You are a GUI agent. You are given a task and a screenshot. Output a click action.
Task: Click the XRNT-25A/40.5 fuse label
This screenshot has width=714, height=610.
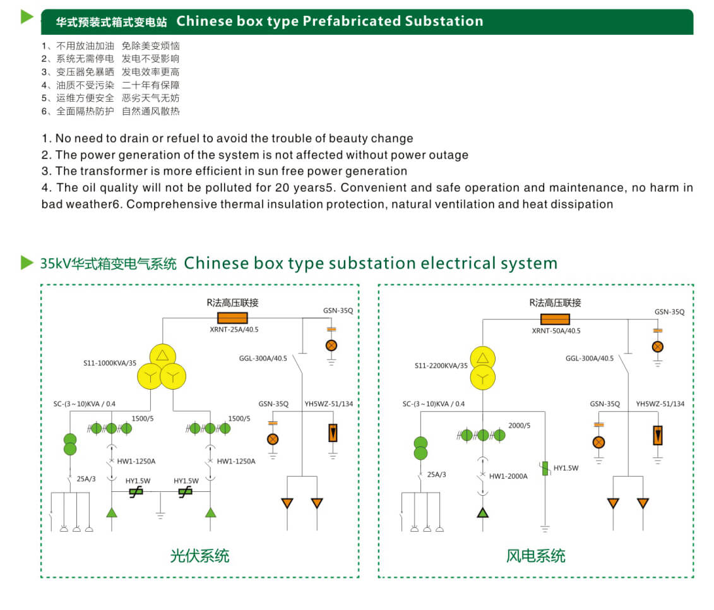point(234,329)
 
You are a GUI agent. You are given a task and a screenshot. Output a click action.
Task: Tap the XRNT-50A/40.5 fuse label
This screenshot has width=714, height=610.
point(556,330)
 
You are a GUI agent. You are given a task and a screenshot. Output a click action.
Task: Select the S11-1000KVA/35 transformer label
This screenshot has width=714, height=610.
point(110,363)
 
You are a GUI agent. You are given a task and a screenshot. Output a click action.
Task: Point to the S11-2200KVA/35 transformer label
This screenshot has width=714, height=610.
point(441,366)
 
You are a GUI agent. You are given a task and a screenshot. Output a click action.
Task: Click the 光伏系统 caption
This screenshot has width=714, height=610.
point(199,556)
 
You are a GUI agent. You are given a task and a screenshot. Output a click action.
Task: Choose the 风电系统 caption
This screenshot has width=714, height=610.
point(535,556)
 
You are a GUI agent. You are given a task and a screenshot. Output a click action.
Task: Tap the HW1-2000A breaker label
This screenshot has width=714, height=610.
point(508,476)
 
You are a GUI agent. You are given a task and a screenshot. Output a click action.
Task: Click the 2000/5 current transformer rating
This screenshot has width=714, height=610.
point(520,426)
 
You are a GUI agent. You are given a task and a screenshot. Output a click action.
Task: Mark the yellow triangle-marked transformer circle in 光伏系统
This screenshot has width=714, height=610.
point(163,356)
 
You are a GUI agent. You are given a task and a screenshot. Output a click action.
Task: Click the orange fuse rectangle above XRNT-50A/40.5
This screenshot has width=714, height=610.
point(555,319)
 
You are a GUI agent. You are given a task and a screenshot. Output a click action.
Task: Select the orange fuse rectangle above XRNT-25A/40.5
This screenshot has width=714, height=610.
point(232,318)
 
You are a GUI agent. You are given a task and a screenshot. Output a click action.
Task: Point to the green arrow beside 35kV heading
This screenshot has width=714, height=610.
point(27,262)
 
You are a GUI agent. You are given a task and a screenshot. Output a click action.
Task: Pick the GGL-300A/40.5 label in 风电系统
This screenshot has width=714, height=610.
point(589,358)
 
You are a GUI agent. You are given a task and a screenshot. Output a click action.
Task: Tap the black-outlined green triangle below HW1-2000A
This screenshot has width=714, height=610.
point(483,511)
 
